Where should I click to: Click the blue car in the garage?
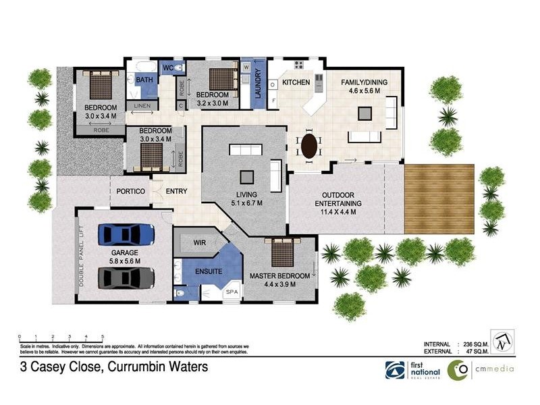click(126, 235)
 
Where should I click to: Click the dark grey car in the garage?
click(126, 276)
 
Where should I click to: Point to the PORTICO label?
click(131, 192)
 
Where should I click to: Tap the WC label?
click(169, 67)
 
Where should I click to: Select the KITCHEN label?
click(296, 82)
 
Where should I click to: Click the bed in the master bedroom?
click(281, 253)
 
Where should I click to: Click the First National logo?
click(405, 369)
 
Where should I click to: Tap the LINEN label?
click(142, 107)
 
